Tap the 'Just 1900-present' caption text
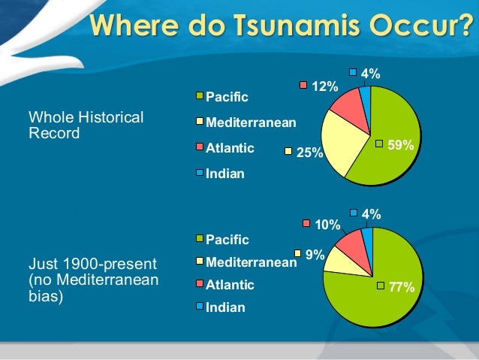pyautogui.click(x=92, y=265)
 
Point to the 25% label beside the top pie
pyautogui.click(x=309, y=153)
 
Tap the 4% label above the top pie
pyautogui.click(x=370, y=74)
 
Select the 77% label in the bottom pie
pyautogui.click(x=401, y=286)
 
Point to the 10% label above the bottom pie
pyautogui.click(x=327, y=224)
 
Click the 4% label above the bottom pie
pyautogui.click(x=370, y=215)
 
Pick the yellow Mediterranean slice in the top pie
pyautogui.click(x=342, y=147)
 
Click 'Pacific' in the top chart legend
pyautogui.click(x=227, y=96)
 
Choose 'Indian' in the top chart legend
pyautogui.click(x=225, y=174)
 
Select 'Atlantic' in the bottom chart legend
pyautogui.click(x=230, y=285)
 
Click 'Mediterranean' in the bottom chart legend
pyautogui.click(x=251, y=262)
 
